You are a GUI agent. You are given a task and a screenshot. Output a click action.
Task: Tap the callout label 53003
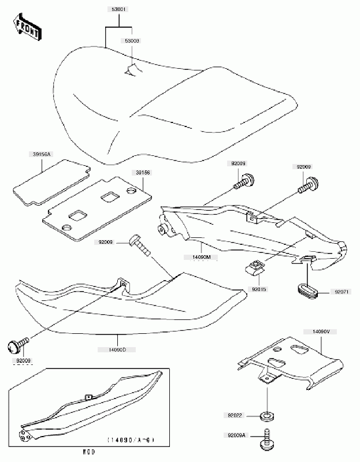point(132,42)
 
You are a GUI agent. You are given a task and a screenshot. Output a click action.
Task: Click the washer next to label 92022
point(268,415)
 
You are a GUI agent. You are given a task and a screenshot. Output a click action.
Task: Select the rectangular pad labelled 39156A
point(51,181)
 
